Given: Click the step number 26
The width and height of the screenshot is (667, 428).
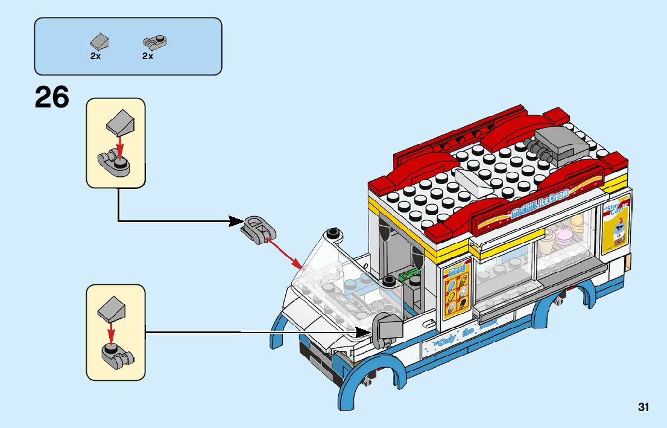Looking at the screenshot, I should [52, 98].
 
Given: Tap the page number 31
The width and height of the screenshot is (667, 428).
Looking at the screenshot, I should [643, 407].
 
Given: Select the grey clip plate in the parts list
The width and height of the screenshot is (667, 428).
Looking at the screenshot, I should [154, 42].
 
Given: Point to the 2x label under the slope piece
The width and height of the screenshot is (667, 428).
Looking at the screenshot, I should [95, 56].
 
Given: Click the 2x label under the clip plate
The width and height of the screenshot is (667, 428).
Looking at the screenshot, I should [148, 56].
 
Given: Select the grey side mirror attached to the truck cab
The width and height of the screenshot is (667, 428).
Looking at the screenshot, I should [387, 330].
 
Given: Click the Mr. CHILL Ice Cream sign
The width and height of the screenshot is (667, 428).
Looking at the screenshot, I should [540, 205].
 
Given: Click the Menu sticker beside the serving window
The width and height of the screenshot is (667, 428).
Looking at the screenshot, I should [458, 289].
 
